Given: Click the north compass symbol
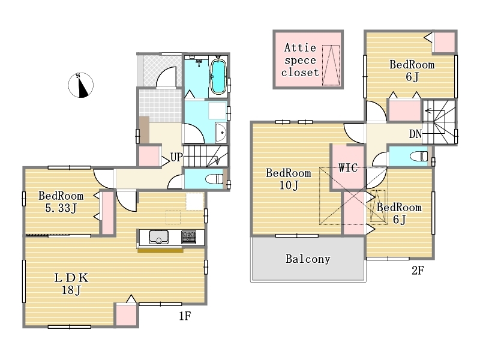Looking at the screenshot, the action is point(80,85).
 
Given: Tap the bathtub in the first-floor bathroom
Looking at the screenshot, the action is point(218,77).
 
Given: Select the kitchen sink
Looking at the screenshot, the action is point(158,236).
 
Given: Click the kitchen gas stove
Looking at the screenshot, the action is point(188,237).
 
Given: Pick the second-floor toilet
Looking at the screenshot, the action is point(419,156).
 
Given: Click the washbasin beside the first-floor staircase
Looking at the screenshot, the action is point(221,133).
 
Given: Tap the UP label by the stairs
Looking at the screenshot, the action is point(176,157).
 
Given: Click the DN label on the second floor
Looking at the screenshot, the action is point(415,134).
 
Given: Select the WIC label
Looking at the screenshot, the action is point(348,167).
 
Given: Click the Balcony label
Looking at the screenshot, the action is point(308,259).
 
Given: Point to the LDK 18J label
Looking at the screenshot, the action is point(71,284).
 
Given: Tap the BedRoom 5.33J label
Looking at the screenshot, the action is point(61,202).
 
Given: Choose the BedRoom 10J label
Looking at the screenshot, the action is point(289,179).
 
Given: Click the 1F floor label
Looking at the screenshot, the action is point(185,316).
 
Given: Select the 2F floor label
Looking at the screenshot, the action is point(418,271).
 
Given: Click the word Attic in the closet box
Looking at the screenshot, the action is point(300,48).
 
